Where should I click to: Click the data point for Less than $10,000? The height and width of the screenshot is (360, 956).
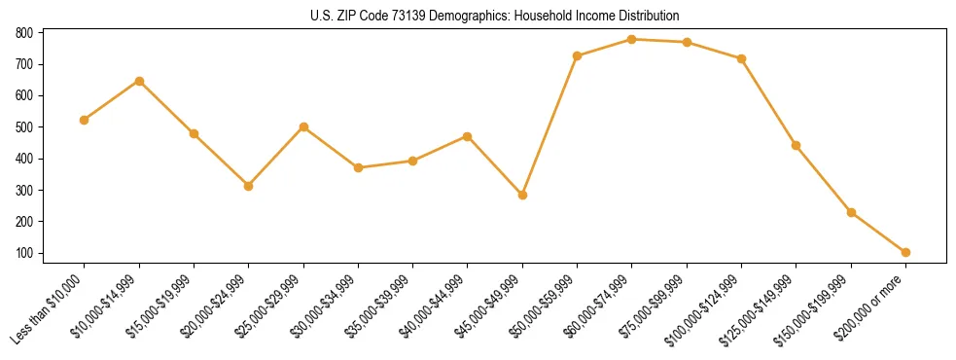coord(85,120)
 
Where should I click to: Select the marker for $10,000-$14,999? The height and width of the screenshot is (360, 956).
coord(139,81)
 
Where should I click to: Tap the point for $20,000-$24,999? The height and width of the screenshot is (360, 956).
coord(249,186)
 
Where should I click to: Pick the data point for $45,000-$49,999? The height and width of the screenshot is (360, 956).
coord(523,195)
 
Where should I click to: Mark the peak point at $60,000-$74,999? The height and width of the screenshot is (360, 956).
coord(632,39)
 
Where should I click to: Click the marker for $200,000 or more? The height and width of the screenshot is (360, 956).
coord(906,252)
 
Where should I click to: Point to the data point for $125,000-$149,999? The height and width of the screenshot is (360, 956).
coord(797,145)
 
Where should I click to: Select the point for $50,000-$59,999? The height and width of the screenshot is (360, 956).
coord(578,55)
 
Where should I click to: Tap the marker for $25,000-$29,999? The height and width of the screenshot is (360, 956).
coord(303,126)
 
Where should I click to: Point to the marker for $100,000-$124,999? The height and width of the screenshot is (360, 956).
coord(741,58)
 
